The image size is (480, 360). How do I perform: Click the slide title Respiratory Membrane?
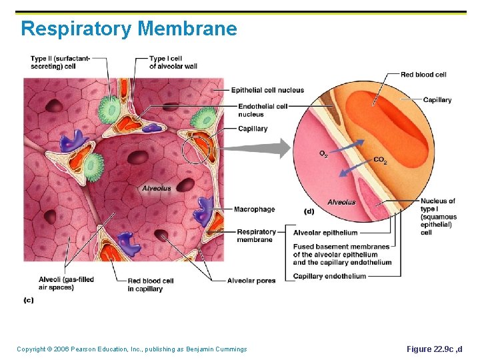pyautogui.click(x=129, y=29)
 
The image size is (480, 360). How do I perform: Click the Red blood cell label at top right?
pyautogui.click(x=423, y=75)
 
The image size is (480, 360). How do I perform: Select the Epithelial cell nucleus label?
pyautogui.click(x=267, y=91)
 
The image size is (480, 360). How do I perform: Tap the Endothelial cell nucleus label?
pyautogui.click(x=263, y=110)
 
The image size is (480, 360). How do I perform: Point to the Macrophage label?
pyautogui.click(x=254, y=209)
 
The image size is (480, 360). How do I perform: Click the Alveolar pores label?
pyautogui.click(x=251, y=281)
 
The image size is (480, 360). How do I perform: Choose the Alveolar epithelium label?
pyautogui.click(x=325, y=233)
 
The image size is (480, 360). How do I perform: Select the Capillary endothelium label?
pyautogui.click(x=329, y=276)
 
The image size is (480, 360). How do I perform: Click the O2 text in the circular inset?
pyautogui.click(x=323, y=154)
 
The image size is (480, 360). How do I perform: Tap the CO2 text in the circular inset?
pyautogui.click(x=380, y=160)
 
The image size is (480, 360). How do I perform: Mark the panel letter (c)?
pyautogui.click(x=28, y=300)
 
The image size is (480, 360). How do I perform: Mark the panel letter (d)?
pyautogui.click(x=309, y=211)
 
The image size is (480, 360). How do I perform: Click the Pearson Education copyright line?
pyautogui.click(x=132, y=349)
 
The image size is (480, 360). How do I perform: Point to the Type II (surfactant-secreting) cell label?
pyautogui.click(x=60, y=63)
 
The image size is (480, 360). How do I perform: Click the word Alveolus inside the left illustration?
pyautogui.click(x=156, y=188)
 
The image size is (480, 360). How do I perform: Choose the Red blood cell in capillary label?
pyautogui.click(x=150, y=285)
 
